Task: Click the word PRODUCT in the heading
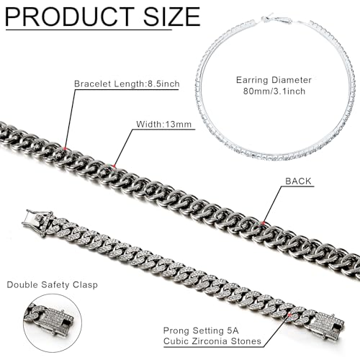point(70,17)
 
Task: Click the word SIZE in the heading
point(172,17)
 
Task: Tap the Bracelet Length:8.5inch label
point(127,84)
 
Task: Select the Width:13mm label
point(164,124)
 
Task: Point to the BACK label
point(298,181)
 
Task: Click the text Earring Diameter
point(274,80)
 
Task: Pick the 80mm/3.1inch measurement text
point(274,91)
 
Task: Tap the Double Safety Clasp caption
point(53,284)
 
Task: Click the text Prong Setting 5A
point(201,330)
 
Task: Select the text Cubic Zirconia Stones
point(212,341)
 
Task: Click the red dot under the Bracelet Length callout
point(66,148)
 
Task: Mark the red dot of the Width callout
point(114,166)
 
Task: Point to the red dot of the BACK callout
point(264,222)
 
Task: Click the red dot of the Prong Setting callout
point(290,315)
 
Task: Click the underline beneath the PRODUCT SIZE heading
point(89,30)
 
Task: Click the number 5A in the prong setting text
point(233,330)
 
